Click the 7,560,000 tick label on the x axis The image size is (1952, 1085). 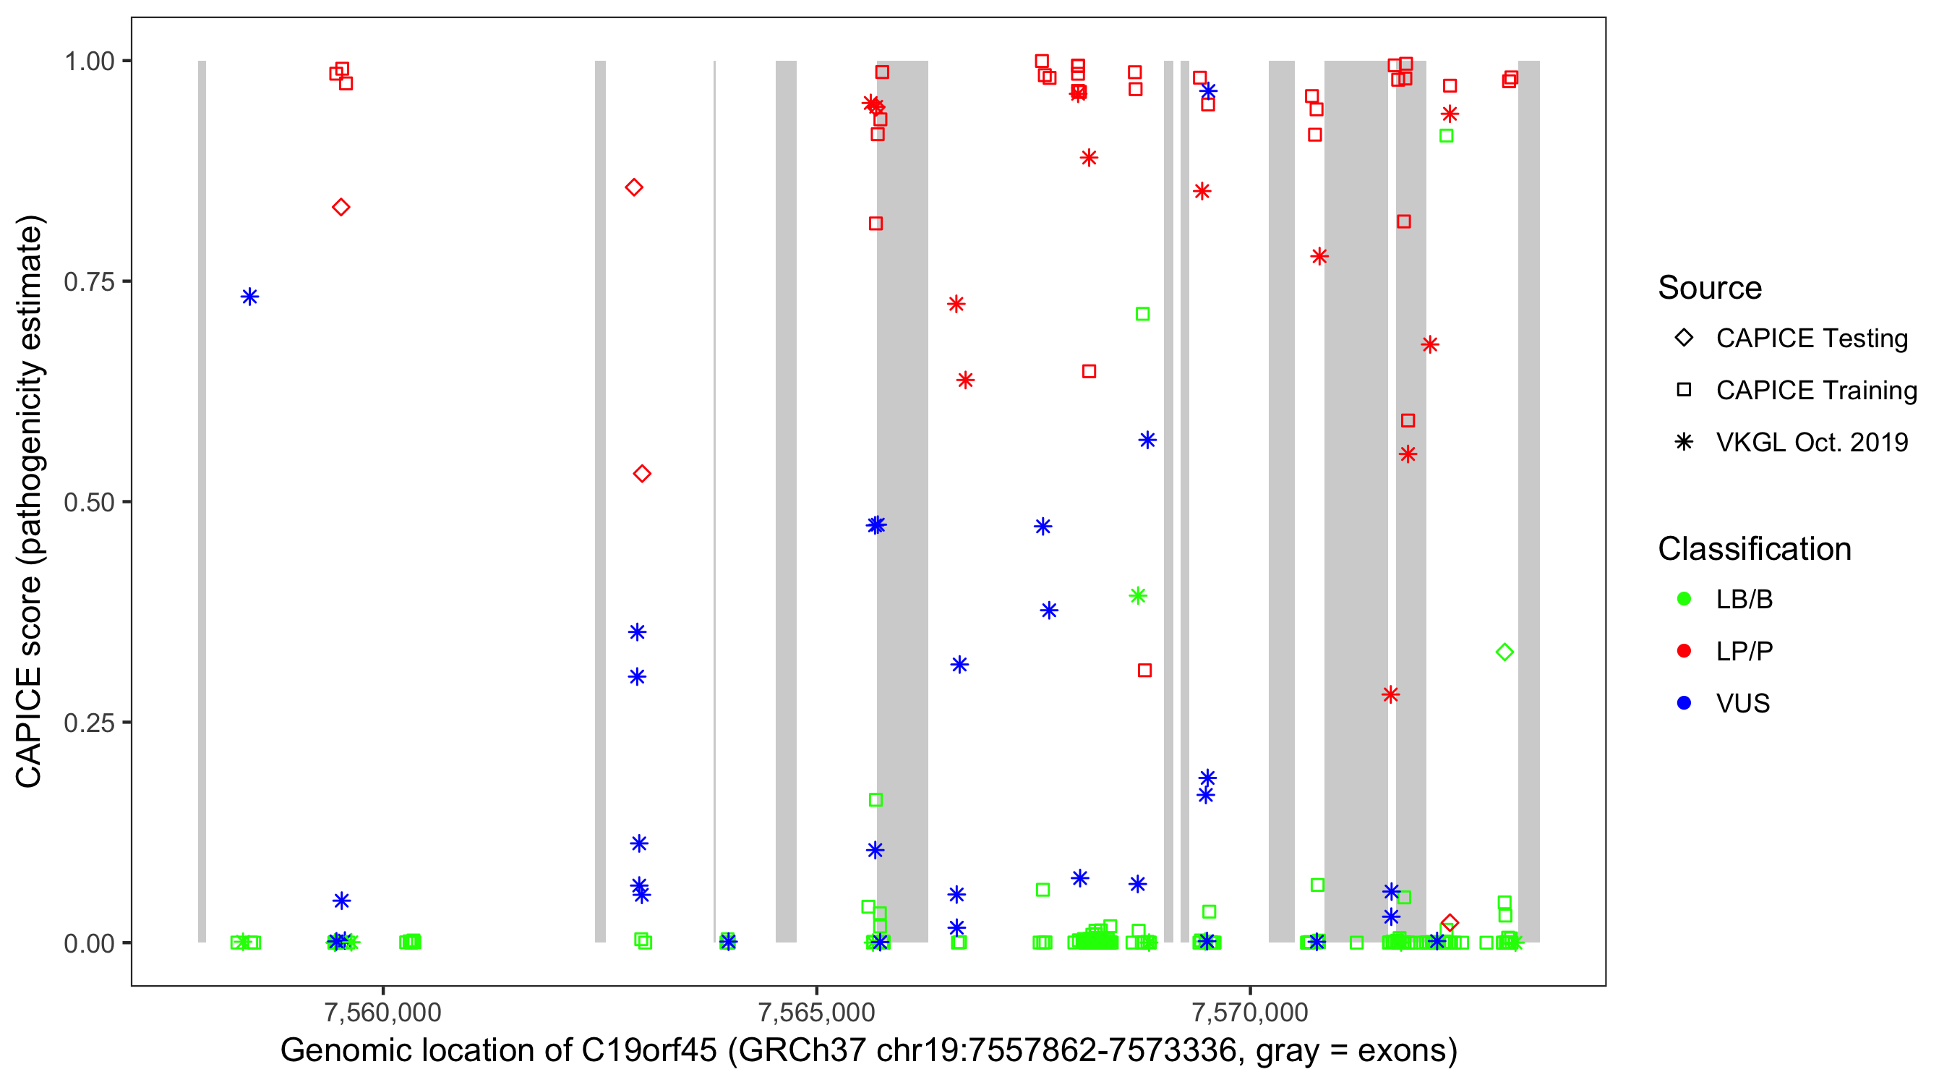(382, 1012)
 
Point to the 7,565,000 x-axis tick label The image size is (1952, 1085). (816, 1012)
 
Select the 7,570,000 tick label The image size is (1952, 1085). (1249, 1012)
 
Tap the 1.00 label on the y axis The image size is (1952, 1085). (89, 61)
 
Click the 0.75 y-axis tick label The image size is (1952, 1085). (89, 282)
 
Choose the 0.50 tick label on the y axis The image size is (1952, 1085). (89, 503)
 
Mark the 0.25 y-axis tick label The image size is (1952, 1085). (89, 723)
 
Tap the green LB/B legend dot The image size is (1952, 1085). (1685, 599)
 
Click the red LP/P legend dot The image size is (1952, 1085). (1685, 651)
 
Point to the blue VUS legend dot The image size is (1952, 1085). (1685, 703)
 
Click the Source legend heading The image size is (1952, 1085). (1710, 288)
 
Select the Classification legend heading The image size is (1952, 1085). (1754, 549)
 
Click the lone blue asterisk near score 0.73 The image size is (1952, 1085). (250, 297)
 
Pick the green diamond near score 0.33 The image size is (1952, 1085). (1505, 652)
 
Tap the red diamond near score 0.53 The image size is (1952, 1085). (642, 474)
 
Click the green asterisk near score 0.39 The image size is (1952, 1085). (1137, 596)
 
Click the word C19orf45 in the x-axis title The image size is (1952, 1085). (648, 1051)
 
